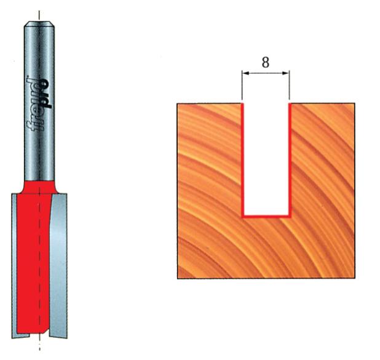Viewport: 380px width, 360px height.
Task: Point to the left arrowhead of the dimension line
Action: [x=244, y=74]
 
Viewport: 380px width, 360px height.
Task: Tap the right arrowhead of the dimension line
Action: [x=287, y=74]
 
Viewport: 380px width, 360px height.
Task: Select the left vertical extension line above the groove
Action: [x=242, y=86]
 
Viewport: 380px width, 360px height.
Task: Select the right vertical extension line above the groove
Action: [x=290, y=86]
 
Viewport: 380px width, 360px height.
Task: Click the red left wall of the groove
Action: [x=242, y=160]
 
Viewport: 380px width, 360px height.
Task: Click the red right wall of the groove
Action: [x=290, y=160]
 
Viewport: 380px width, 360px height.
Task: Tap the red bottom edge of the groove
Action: [x=266, y=217]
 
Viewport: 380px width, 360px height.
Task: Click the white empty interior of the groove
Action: [x=266, y=160]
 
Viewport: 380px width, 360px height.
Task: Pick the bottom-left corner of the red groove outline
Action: [x=243, y=217]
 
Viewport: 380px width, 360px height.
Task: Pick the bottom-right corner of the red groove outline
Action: [x=289, y=217]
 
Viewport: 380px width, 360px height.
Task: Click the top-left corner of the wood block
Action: [x=178, y=103]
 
